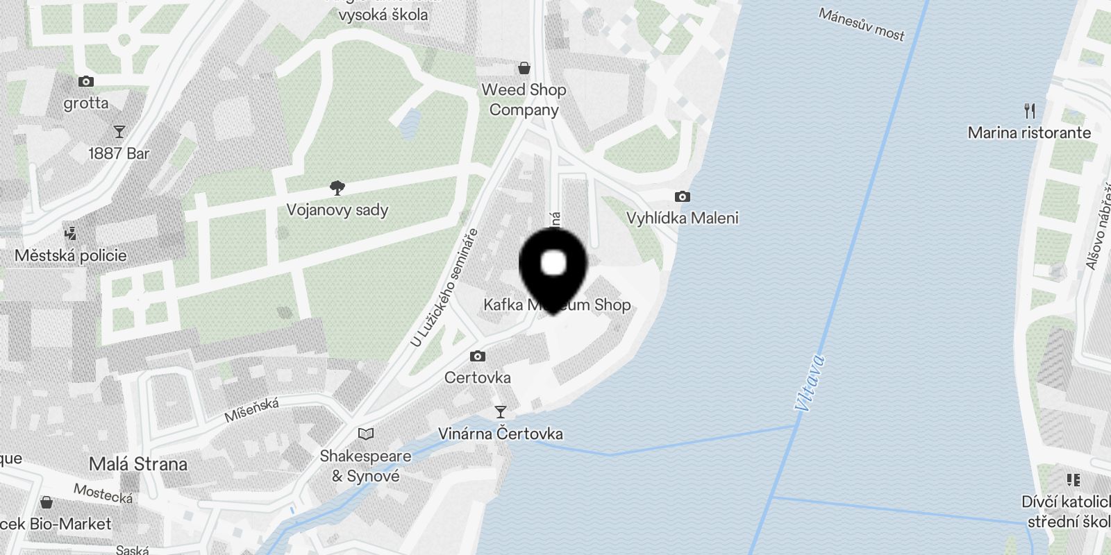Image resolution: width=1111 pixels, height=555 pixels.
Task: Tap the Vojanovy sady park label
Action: (337, 210)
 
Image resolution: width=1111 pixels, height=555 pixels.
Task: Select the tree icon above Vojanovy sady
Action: (337, 187)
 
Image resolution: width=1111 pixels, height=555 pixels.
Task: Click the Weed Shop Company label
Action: (524, 99)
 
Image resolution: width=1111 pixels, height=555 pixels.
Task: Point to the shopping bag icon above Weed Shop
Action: (524, 68)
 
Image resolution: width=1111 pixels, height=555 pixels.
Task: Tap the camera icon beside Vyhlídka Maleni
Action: (683, 196)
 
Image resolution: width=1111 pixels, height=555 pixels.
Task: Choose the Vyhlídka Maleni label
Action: (683, 218)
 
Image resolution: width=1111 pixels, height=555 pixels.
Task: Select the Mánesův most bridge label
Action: (862, 24)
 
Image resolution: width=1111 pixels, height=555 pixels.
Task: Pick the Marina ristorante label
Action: (1029, 133)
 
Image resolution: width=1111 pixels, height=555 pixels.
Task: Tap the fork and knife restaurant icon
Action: (1030, 110)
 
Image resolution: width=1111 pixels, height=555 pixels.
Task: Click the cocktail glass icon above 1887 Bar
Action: (119, 131)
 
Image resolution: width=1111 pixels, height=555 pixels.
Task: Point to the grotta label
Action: (86, 103)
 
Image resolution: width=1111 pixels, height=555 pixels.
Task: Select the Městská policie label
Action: (71, 255)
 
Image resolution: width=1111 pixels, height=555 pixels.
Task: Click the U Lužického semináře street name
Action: (444, 288)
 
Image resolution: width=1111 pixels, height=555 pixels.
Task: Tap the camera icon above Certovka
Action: (478, 356)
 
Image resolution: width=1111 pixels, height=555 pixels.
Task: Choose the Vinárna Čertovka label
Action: (500, 434)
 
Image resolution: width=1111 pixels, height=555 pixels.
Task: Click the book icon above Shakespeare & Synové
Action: (366, 434)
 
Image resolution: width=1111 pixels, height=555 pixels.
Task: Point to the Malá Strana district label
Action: (138, 463)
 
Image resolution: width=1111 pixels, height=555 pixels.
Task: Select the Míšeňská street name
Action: (251, 410)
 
